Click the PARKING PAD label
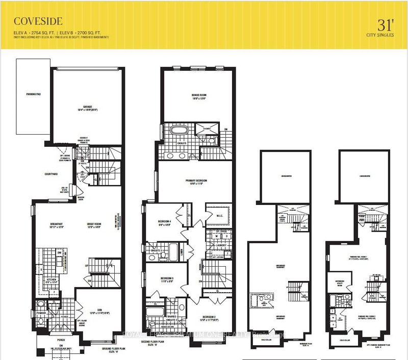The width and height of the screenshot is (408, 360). coord(33,95)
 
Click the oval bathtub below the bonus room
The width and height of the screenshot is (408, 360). coord(178,132)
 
